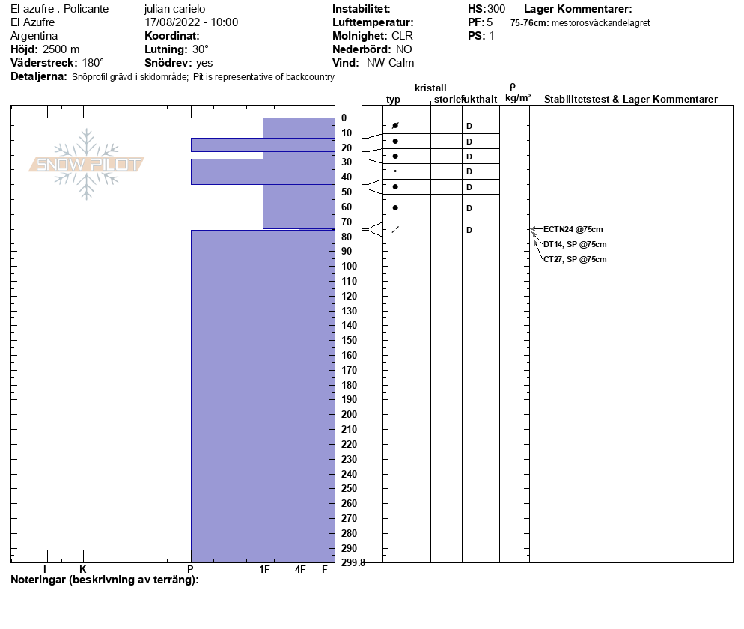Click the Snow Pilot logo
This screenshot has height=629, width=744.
[x=87, y=165]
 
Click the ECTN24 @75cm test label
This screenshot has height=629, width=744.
[x=573, y=229]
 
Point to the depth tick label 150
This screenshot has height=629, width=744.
[x=349, y=340]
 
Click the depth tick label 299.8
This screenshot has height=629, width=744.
[x=353, y=563]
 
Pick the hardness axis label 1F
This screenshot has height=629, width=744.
[x=264, y=570]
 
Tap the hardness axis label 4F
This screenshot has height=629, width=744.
[x=300, y=570]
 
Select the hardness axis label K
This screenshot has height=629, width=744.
[x=83, y=570]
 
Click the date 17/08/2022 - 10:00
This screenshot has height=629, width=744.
[x=191, y=22]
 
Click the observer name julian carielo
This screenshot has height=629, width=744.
[x=174, y=9]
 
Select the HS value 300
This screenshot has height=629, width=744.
[x=496, y=9]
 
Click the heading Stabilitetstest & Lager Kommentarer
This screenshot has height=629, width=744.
[x=630, y=100]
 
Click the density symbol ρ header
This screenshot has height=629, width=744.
[x=512, y=86]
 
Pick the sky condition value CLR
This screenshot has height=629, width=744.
[x=402, y=36]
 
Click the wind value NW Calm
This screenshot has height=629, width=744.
[x=390, y=63]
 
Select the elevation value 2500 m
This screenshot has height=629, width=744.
[x=61, y=49]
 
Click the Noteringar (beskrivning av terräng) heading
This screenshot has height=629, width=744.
[x=105, y=580]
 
